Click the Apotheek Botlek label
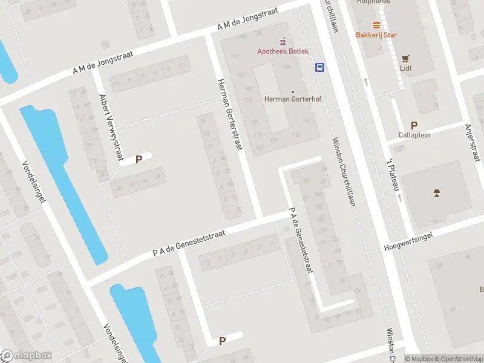pyautogui.click(x=283, y=51)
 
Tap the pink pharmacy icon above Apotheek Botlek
pyautogui.click(x=283, y=41)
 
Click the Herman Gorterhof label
pyautogui.click(x=288, y=99)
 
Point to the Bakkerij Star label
pyautogui.click(x=376, y=34)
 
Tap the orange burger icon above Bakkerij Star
pyautogui.click(x=376, y=25)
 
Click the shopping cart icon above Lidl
pyautogui.click(x=405, y=59)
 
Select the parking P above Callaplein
pyautogui.click(x=414, y=125)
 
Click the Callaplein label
pyautogui.click(x=414, y=135)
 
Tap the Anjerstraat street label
pyautogui.click(x=471, y=143)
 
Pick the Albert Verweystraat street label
pyautogui.click(x=111, y=128)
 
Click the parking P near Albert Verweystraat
pyautogui.click(x=139, y=160)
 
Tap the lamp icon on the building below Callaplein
pyautogui.click(x=436, y=194)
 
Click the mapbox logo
pyautogui.click(x=27, y=355)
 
